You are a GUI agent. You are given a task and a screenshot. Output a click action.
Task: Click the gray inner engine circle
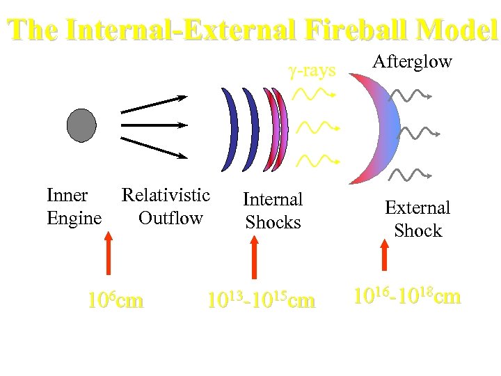pyautogui.click(x=81, y=125)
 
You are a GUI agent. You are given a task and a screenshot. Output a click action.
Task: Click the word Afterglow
pyautogui.click(x=412, y=62)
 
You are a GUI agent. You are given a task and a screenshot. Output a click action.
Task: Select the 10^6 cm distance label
pyautogui.click(x=116, y=301)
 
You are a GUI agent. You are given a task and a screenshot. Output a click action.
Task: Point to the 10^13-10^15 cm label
pyautogui.click(x=261, y=301)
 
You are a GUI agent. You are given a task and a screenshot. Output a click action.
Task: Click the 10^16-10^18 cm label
pyautogui.click(x=407, y=296)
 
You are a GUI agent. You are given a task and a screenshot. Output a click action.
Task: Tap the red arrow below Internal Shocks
pyautogui.click(x=255, y=258)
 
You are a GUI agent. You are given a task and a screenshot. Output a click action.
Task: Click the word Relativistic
pyautogui.click(x=166, y=195)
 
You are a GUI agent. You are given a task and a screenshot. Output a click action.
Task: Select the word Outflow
pyautogui.click(x=170, y=218)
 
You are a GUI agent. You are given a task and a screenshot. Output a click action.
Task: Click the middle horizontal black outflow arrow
pyautogui.click(x=154, y=125)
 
